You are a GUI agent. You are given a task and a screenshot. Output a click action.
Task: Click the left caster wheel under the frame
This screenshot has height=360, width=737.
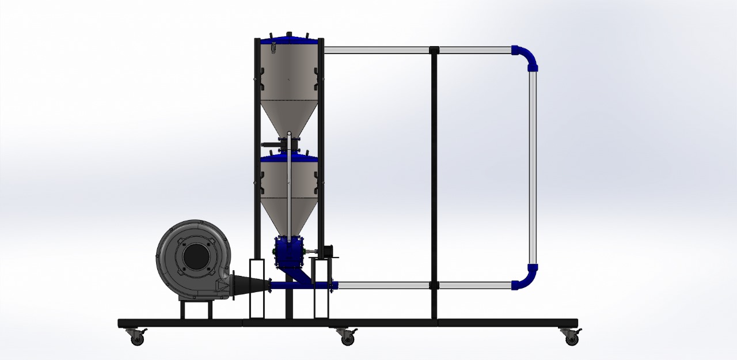coord(137,339)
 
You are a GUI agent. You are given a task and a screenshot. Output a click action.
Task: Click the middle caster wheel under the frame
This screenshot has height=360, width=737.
coord(347,339)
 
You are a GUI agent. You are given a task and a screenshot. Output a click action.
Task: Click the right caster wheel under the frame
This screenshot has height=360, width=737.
coord(572,339)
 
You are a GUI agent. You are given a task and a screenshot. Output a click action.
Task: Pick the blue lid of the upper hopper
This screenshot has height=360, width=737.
coord(288,41)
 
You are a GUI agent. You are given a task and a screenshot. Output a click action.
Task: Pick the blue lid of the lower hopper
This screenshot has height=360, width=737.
coord(288,157)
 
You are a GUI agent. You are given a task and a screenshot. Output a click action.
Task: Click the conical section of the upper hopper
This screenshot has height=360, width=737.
coord(288,115)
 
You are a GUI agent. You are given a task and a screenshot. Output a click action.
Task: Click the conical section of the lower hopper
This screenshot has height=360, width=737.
coord(288,213)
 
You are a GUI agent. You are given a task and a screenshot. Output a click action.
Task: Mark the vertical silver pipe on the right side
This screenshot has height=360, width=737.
coord(533,167)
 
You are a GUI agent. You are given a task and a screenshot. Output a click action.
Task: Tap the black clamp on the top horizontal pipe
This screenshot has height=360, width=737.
coord(434,50)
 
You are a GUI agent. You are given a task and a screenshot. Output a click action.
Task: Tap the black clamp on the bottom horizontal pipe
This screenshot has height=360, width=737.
coord(434,285)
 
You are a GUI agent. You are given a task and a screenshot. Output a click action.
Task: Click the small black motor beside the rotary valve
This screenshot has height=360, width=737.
coord(327,251)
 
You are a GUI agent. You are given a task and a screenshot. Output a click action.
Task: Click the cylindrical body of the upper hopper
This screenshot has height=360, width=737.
coord(288,72)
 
